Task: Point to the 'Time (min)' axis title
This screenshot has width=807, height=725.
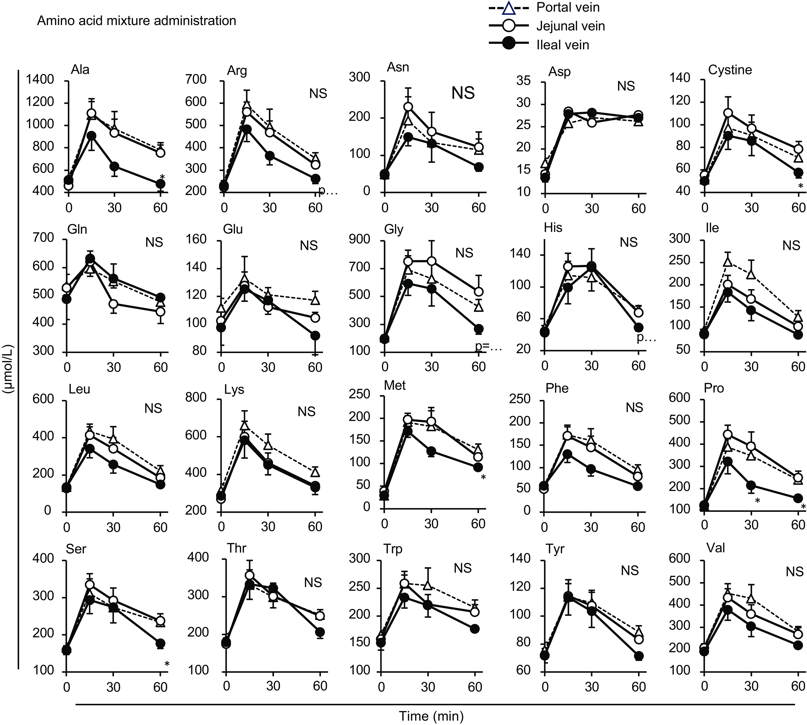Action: point(431,716)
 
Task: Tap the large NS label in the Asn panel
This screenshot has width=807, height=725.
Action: point(463,93)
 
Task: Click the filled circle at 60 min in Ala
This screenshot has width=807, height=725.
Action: point(160,184)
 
